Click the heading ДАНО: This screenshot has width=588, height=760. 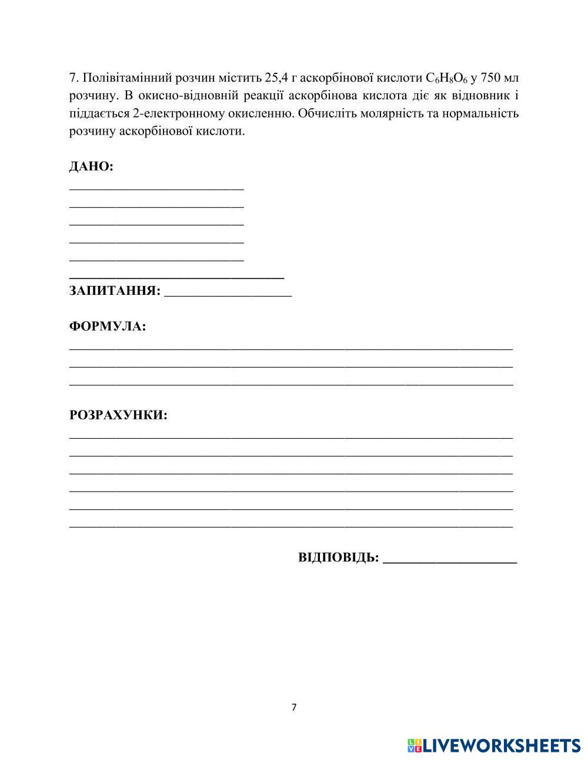coord(91,167)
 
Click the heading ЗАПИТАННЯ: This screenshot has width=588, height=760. coord(115,291)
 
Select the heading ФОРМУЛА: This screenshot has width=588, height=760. coord(108,327)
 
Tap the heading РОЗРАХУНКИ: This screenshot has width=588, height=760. coord(118,415)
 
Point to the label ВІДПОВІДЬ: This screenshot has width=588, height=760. coord(338,557)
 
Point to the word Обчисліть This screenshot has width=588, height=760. coord(326,113)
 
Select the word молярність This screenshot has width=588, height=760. coord(392,113)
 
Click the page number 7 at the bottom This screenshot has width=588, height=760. coord(294,707)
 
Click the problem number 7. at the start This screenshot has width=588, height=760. coord(74,78)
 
